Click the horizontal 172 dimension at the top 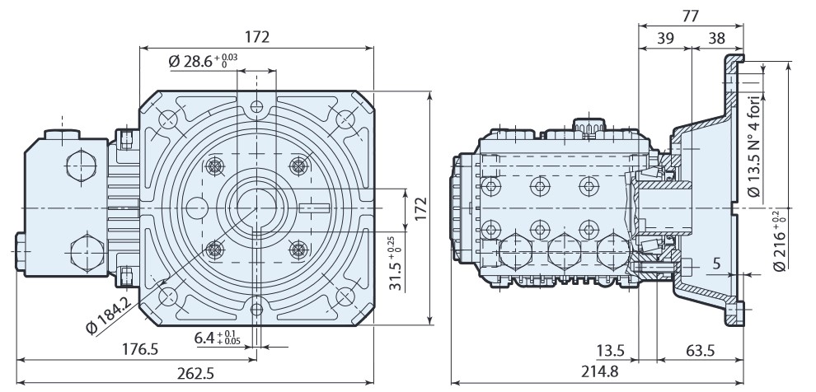(x=257, y=38)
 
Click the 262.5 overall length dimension (x=196, y=373)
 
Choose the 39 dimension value (x=664, y=39)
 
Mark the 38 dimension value (x=716, y=39)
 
